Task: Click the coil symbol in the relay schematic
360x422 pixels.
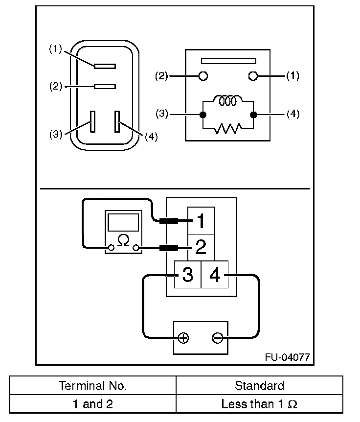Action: [x=228, y=100]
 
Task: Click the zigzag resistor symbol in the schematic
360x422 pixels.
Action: [x=228, y=128]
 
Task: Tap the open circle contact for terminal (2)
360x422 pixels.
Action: [x=203, y=76]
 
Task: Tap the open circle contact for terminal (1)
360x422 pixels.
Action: [x=253, y=76]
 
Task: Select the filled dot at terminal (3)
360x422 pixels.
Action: [x=203, y=115]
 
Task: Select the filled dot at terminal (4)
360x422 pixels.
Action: [x=253, y=115]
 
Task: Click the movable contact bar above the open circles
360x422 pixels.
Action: [x=228, y=61]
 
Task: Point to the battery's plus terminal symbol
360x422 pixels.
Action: [x=183, y=338]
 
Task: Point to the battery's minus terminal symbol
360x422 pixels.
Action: [x=218, y=338]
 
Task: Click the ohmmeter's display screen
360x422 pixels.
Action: [x=123, y=223]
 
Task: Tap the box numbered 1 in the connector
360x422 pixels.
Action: [x=201, y=221]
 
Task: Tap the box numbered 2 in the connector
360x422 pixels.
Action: [x=201, y=247]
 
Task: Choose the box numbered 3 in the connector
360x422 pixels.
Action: [x=188, y=275]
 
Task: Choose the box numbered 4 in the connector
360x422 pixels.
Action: [x=215, y=275]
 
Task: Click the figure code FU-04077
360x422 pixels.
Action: [x=288, y=357]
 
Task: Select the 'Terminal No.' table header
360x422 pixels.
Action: [x=92, y=386]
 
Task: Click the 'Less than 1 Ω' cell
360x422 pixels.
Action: [x=259, y=404]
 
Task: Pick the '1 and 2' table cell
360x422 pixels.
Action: [x=93, y=404]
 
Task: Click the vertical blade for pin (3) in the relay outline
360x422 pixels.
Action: [x=93, y=121]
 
